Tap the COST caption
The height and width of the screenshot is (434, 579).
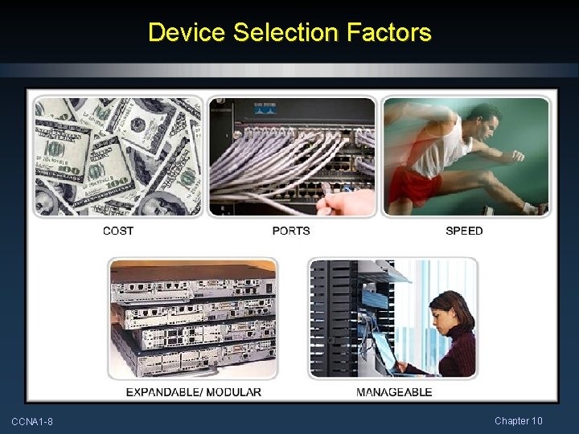click(x=118, y=231)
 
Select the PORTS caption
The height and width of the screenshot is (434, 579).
click(x=291, y=231)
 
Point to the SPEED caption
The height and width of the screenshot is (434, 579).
click(x=464, y=231)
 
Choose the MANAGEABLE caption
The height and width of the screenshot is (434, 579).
click(x=394, y=392)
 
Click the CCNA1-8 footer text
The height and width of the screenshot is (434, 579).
click(x=32, y=422)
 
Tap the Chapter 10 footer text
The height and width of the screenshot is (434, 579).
click(x=519, y=421)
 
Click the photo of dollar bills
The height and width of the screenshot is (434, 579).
click(x=117, y=157)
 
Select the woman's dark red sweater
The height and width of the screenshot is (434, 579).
click(x=454, y=354)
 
